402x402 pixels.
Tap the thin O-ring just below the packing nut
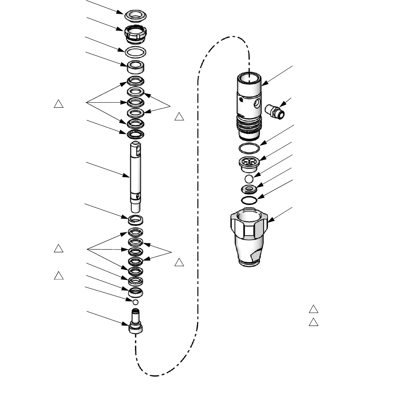click(x=136, y=51)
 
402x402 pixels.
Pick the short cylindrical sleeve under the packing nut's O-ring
click(x=136, y=67)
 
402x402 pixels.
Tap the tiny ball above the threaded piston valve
click(x=135, y=302)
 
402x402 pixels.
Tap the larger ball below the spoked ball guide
click(x=249, y=179)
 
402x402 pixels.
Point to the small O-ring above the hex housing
click(x=249, y=200)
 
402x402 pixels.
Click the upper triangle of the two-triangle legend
click(x=313, y=309)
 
